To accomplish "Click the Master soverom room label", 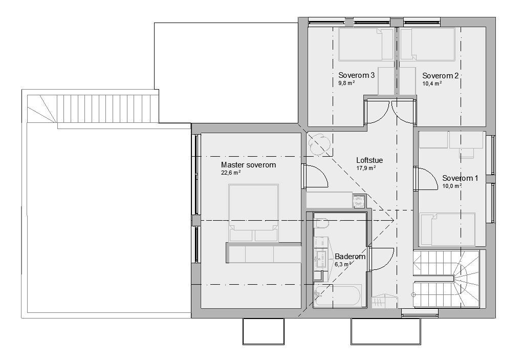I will click(248, 165).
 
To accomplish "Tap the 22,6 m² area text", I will click(231, 173).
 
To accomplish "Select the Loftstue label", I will click(369, 160).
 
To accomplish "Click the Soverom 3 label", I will click(357, 75).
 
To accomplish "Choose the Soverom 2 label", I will click(440, 75).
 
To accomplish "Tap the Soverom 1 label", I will click(460, 178).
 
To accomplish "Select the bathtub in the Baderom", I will click(338, 296).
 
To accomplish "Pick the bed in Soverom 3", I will click(361, 45).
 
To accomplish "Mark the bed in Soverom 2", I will click(427, 45).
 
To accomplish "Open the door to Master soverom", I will click(315, 177).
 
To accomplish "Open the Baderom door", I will click(381, 259).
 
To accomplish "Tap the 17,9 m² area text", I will click(366, 168).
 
